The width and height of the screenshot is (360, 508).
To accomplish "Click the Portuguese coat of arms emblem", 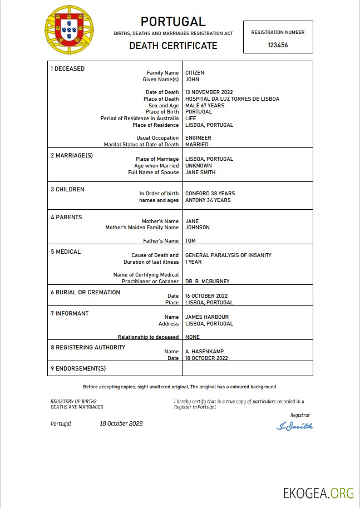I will coord(70,30).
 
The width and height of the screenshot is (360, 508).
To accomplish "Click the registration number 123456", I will coord(278,45).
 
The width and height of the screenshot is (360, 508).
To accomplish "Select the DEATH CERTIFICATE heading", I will coord(173,46).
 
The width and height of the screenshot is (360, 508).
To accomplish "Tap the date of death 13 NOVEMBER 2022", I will coord(209,92).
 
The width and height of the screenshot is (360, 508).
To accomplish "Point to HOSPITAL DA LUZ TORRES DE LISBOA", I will coord(232,99).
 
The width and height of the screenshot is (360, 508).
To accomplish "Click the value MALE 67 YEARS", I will coord(205,106).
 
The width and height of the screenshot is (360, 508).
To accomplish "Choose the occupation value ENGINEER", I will coord(198,138).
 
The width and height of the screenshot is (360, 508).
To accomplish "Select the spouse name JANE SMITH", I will coord(200,172).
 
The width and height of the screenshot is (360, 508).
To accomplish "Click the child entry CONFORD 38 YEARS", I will coord(209,194).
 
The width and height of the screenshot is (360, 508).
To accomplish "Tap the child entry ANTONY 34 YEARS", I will coord(208,200).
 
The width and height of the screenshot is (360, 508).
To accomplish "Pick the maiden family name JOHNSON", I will coord(198,228).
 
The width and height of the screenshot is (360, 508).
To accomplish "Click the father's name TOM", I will coord(190,241).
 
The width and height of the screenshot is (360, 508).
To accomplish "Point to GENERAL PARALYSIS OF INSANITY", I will coord(228,255).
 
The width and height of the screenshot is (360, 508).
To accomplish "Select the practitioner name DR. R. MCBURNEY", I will coord(208,282).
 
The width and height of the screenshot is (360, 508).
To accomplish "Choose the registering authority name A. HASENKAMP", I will coord(204,352).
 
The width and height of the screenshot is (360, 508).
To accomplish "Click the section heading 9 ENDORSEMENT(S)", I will coord(78,368).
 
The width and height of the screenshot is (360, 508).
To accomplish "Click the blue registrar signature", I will coord(294,426).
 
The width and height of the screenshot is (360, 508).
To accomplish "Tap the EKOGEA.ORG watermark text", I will coord(318,493).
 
